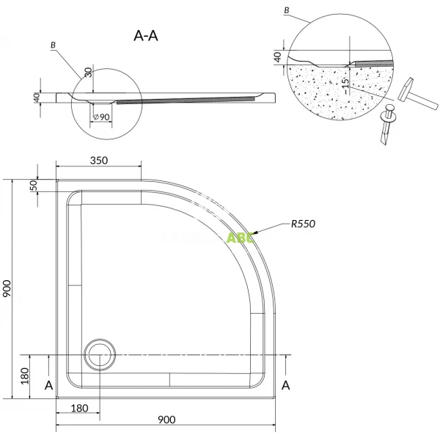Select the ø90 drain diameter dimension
[x=102, y=117]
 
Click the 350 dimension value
[x=100, y=161]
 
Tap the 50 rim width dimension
[x=33, y=185]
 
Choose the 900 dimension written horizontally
[x=166, y=420]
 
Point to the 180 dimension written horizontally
[x=81, y=408]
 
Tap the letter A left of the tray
[x=48, y=384]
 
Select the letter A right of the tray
[x=286, y=384]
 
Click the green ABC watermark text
[x=241, y=238]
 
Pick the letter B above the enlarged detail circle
[x=285, y=11]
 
